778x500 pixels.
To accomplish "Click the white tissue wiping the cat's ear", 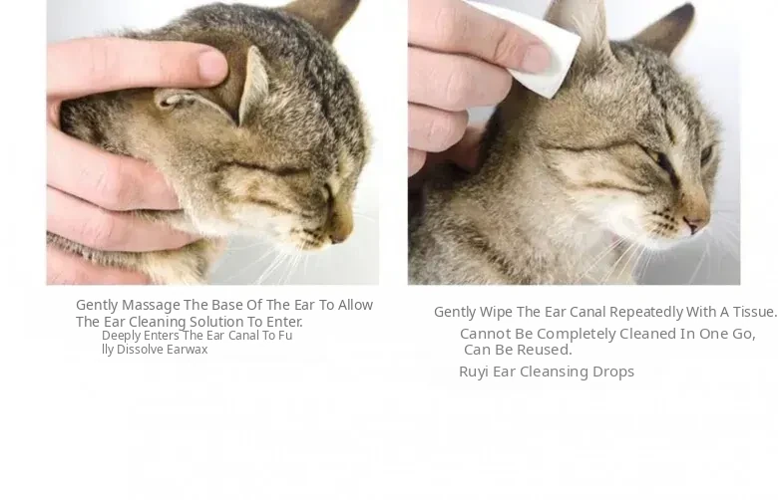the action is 536,47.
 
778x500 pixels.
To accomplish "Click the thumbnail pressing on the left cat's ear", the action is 213,66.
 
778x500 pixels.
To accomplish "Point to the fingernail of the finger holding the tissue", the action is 538,59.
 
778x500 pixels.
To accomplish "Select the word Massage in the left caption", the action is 151,305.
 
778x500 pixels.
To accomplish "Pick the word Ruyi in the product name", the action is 474,373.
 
